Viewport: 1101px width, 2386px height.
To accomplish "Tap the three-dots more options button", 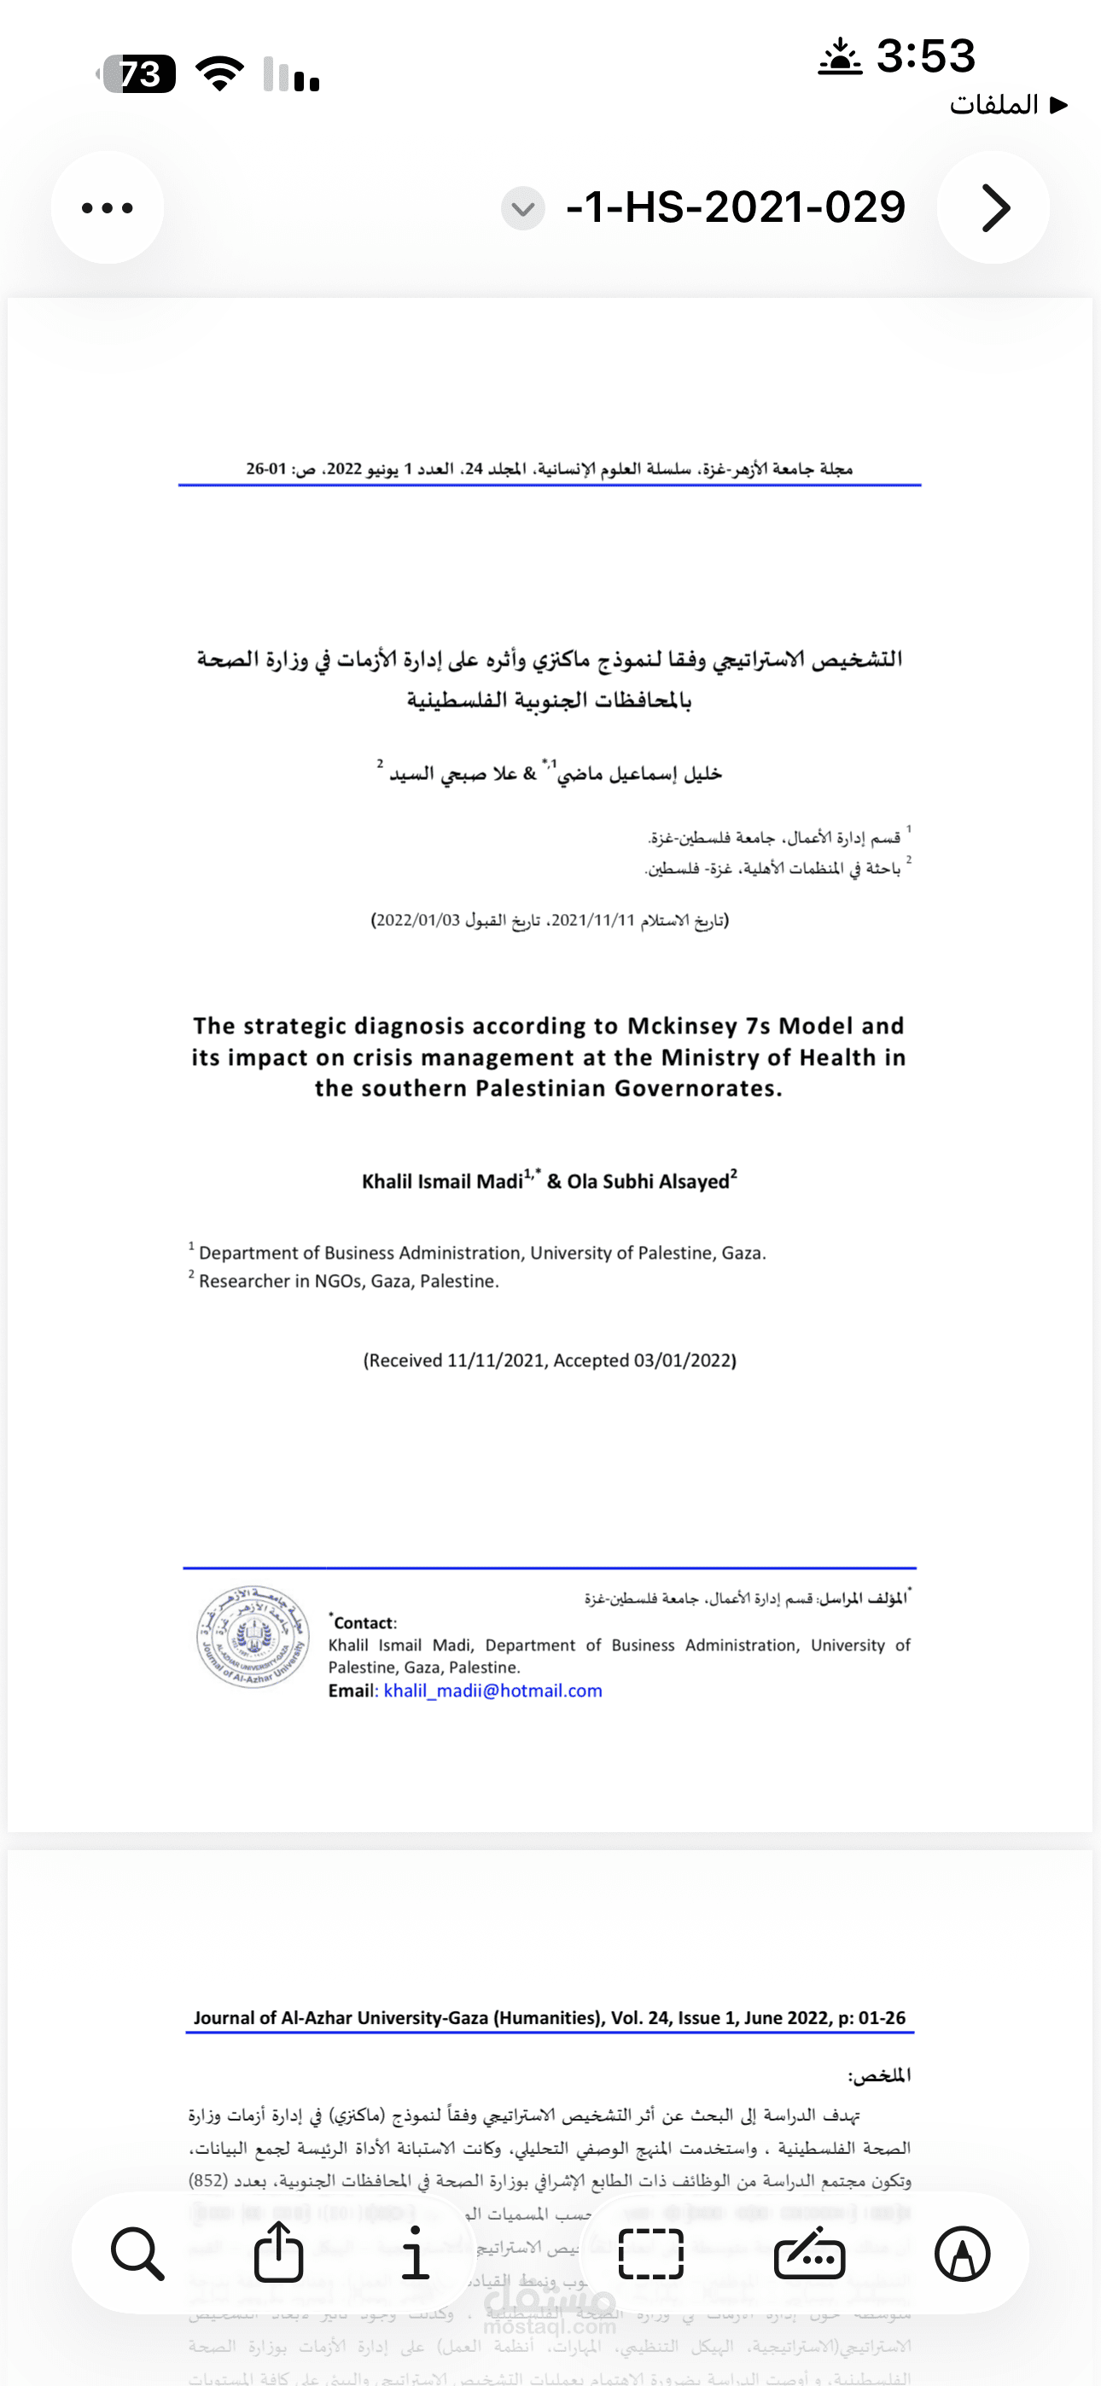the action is pyautogui.click(x=108, y=207).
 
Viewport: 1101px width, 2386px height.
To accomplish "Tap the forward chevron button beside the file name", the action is pyautogui.click(x=993, y=207).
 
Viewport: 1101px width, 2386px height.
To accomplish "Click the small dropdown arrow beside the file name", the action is pyautogui.click(x=522, y=208).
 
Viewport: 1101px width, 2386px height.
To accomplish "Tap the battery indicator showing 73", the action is pyautogui.click(x=138, y=74).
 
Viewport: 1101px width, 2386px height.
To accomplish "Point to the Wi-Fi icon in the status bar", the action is pyautogui.click(x=219, y=74).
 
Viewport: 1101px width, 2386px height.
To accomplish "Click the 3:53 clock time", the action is pyautogui.click(x=925, y=55).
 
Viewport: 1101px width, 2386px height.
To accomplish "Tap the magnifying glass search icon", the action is pyautogui.click(x=138, y=2253).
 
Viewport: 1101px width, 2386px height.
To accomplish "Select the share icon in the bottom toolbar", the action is pyautogui.click(x=279, y=2253).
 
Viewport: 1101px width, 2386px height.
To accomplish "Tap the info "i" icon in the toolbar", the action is pyautogui.click(x=415, y=2253).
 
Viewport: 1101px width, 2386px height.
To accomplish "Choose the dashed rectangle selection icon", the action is pyautogui.click(x=650, y=2253).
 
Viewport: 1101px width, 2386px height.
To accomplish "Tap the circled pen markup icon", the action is pyautogui.click(x=962, y=2253).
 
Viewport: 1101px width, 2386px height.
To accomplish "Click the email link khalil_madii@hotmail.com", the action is pyautogui.click(x=493, y=1691).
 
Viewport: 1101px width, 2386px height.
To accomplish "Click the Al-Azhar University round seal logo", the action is pyautogui.click(x=252, y=1637).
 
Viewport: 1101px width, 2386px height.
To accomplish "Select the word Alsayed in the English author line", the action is pyautogui.click(x=694, y=1182).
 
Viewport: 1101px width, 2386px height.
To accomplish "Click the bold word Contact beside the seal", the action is pyautogui.click(x=364, y=1623).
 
